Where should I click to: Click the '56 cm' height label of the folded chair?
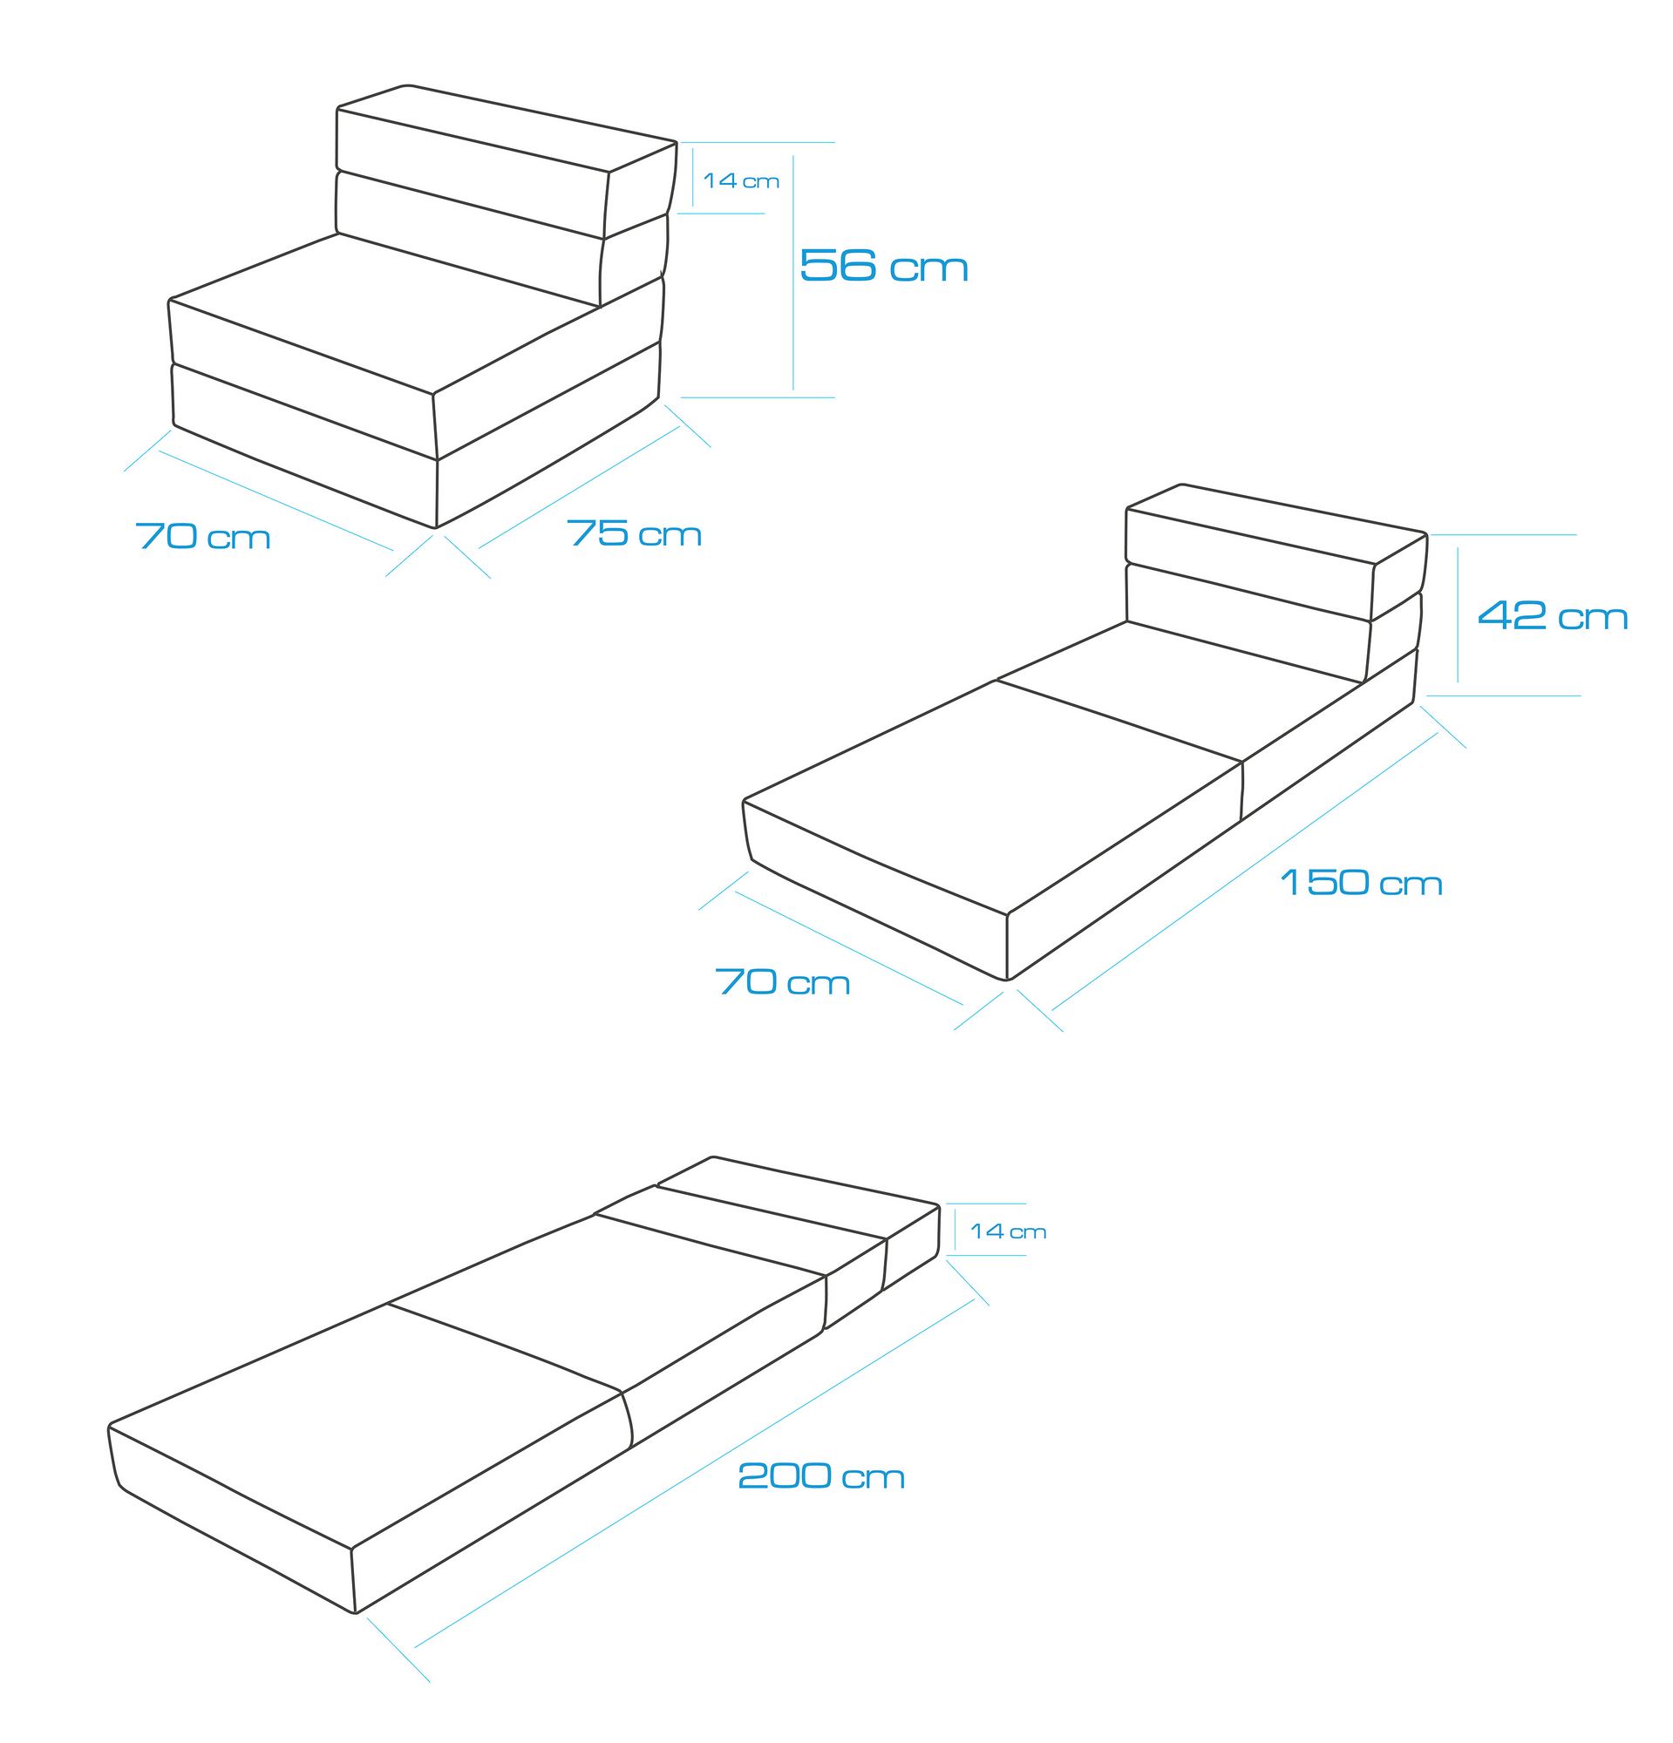[883, 265]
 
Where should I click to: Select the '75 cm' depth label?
[634, 532]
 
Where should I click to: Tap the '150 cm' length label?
[1361, 882]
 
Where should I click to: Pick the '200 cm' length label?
[821, 1475]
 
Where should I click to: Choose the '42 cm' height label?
[1552, 615]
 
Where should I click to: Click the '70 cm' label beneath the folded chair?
[203, 536]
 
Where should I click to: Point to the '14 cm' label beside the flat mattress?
[1008, 1231]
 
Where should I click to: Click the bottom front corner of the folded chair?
[436, 527]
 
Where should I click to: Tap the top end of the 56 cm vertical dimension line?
[793, 157]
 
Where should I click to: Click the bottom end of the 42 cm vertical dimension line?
[1458, 682]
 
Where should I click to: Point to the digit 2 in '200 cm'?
[753, 1475]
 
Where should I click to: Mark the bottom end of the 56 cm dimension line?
[793, 390]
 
